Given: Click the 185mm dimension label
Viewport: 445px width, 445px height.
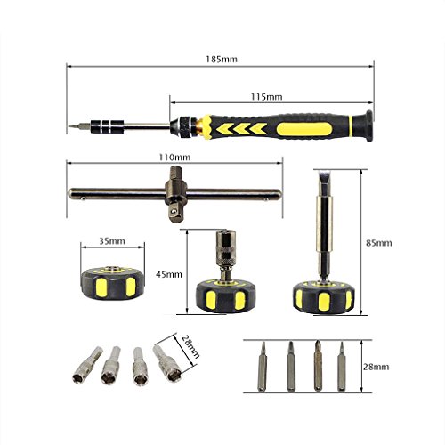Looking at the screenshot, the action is (x=222, y=60).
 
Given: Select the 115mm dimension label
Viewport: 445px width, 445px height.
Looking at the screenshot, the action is (x=267, y=97).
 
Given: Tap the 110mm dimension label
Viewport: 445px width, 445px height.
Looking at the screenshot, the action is (x=174, y=157).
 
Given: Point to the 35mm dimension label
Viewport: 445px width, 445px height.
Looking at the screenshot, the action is (x=112, y=241).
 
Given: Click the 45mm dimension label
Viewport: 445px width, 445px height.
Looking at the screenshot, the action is (x=169, y=274).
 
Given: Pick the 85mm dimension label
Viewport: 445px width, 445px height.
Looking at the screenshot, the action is (x=379, y=243).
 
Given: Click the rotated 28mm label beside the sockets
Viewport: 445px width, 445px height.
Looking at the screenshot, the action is (x=190, y=346).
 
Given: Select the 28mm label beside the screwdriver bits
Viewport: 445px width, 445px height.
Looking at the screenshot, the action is (x=376, y=367).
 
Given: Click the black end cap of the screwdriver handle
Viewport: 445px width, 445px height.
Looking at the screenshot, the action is (x=368, y=125).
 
